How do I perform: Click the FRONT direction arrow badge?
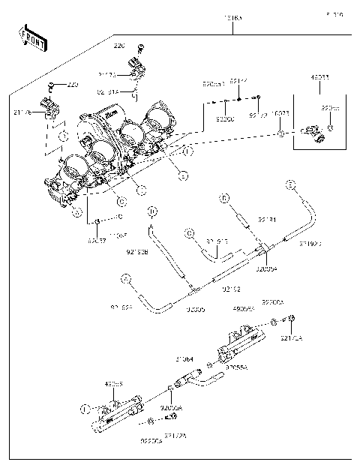click(32, 37)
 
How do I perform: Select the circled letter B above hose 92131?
click(223, 199)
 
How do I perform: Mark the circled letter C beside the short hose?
click(190, 233)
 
